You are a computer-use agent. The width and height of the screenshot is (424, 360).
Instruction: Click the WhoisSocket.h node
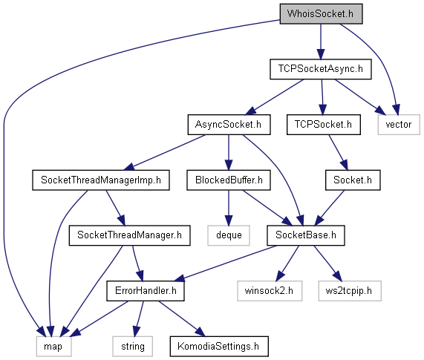[x=321, y=14]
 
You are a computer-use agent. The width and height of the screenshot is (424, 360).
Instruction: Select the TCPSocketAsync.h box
[x=321, y=69]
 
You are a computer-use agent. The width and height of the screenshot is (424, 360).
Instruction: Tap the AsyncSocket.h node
[x=229, y=125]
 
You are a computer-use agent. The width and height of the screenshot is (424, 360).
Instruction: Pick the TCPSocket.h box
[x=324, y=125]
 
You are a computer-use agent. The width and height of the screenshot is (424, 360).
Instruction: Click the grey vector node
[x=399, y=125]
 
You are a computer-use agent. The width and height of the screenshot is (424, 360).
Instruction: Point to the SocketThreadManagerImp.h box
[x=101, y=180]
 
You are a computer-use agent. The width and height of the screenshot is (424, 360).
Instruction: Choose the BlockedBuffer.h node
[x=229, y=180]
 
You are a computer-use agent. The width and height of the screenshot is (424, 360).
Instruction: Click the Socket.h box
[x=353, y=180]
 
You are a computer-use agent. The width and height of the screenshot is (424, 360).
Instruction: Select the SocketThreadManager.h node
[x=129, y=235]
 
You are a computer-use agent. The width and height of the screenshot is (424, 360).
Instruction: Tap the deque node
[x=229, y=235]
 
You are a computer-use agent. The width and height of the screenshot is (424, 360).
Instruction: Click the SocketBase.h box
[x=306, y=235]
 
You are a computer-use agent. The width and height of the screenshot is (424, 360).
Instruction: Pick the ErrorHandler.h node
[x=146, y=291]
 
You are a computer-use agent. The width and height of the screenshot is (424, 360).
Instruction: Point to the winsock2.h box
[x=270, y=291]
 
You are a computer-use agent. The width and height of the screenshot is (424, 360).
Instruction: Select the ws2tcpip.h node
[x=350, y=291]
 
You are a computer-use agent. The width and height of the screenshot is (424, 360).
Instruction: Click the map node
[x=53, y=347]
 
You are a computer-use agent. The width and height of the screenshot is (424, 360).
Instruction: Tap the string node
[x=132, y=347]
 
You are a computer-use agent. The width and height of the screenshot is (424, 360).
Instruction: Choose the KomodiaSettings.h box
[x=219, y=347]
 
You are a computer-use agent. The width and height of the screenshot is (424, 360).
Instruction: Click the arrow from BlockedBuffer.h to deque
[x=229, y=208]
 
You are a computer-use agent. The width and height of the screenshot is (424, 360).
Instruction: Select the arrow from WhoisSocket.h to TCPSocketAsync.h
[x=321, y=42]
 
